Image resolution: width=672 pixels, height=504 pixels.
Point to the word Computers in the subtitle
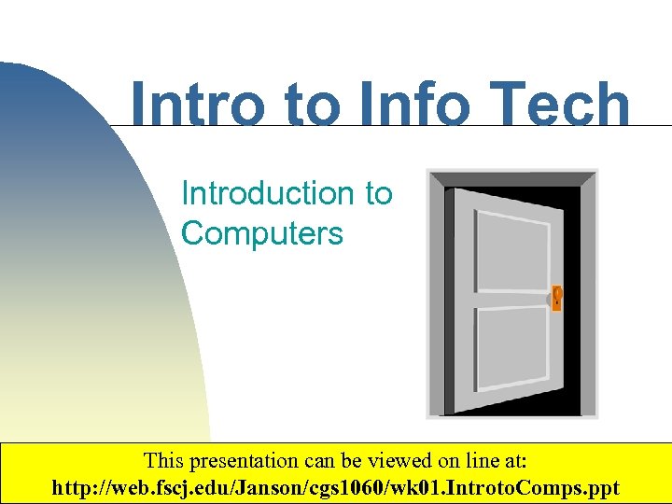tap(262, 233)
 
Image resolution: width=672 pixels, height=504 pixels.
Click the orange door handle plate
tap(556, 298)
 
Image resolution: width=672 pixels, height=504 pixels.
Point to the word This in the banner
tap(162, 461)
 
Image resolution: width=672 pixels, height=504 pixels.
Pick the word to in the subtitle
tap(378, 193)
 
